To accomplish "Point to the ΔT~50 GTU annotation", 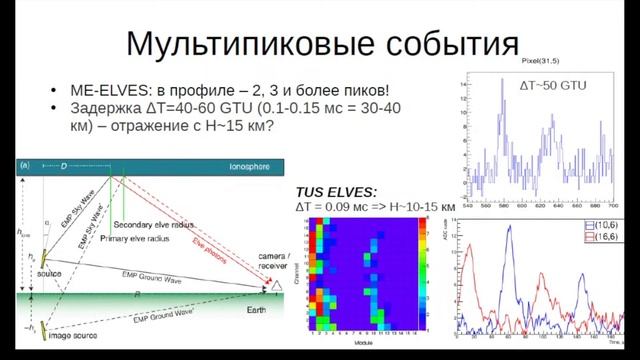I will coord(552,87).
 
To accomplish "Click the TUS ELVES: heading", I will coord(335,190).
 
